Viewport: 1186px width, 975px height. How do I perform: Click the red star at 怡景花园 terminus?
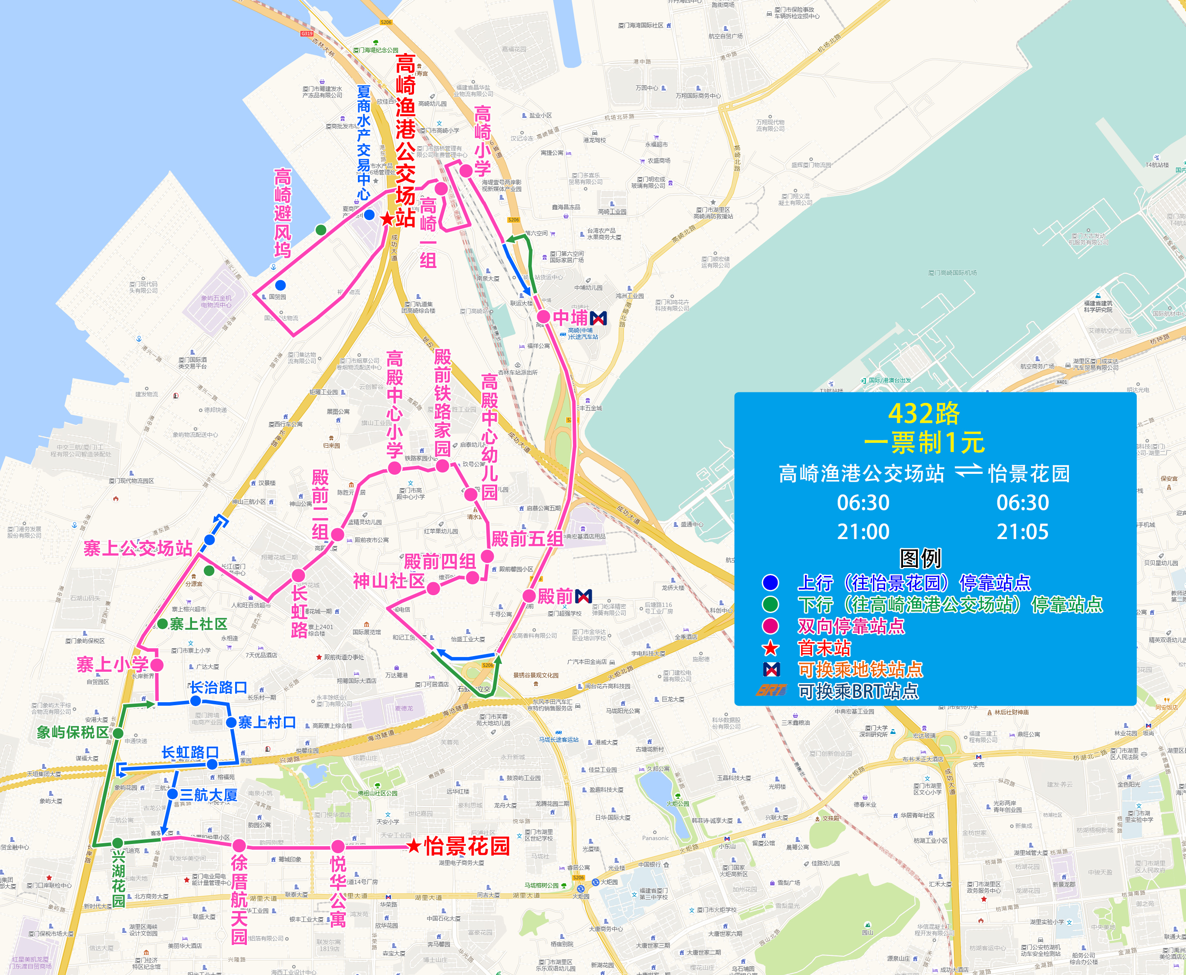coord(414,845)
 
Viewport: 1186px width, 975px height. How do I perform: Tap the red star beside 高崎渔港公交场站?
coord(387,219)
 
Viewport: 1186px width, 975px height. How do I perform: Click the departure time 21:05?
coord(1022,531)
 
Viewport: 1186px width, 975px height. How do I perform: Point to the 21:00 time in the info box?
coord(863,531)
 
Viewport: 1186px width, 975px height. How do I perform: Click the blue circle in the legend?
coord(770,583)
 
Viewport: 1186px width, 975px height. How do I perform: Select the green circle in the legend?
coord(770,604)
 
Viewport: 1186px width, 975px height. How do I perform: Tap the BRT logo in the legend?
coord(771,690)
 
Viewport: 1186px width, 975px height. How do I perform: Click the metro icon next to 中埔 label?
coord(599,318)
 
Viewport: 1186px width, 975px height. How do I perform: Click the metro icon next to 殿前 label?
coord(583,596)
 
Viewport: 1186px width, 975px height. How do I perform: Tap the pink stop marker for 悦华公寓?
coord(337,846)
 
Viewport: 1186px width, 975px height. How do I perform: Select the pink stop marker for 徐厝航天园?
coord(239,845)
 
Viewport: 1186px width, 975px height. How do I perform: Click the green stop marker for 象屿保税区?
coord(118,733)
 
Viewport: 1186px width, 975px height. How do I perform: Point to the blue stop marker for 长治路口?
coord(195,701)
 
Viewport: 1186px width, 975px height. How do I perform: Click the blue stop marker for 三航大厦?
coord(172,794)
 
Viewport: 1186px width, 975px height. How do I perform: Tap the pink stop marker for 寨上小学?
coord(157,665)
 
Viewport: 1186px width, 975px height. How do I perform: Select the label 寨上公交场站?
coord(138,548)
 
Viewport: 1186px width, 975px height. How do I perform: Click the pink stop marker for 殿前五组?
coord(487,556)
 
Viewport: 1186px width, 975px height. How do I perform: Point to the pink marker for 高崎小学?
coord(465,171)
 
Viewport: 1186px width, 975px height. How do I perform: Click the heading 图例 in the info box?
coord(920,558)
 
